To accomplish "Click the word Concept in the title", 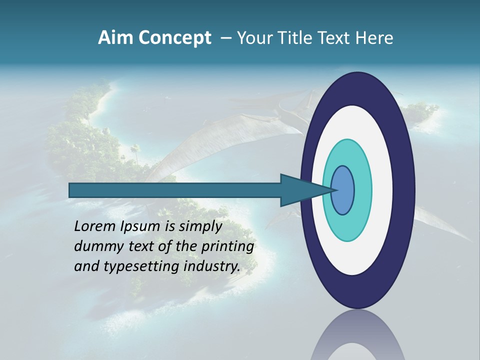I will coord(174,38).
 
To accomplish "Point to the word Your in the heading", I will coord(254,38).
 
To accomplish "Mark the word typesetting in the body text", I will coord(136,267).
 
